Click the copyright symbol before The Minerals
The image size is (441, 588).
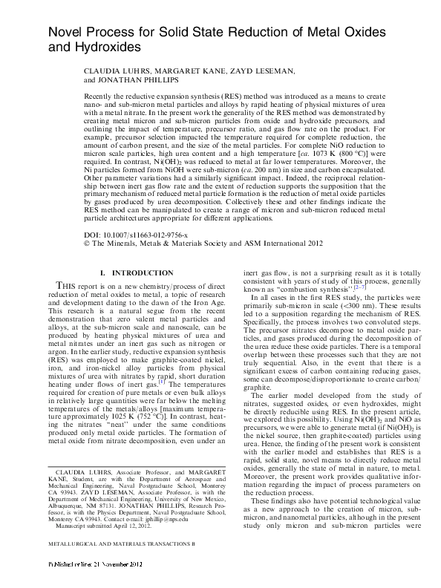point(88,243)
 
